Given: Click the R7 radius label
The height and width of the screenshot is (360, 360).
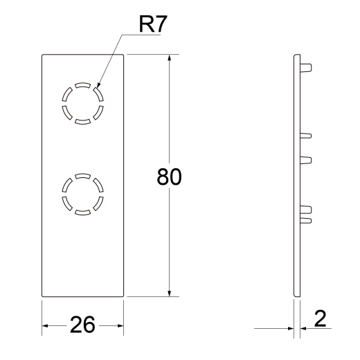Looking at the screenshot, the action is [153, 24].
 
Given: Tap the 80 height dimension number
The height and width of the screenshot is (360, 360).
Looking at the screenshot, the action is [169, 177].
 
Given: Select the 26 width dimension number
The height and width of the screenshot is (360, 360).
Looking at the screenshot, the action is [82, 325].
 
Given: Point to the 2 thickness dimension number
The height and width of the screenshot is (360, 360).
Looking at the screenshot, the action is [321, 318].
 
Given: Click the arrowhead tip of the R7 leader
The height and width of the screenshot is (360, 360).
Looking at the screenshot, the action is [97, 88].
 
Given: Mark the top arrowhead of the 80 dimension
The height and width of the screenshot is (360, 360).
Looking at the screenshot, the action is [170, 55].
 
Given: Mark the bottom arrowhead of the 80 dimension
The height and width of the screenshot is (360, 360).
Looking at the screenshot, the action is [170, 296].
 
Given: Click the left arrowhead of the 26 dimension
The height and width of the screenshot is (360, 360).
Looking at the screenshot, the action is [42, 326].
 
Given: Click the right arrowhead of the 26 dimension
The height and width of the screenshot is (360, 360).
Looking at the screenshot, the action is [123, 326].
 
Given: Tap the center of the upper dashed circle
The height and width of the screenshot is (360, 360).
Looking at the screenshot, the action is [83, 104].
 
